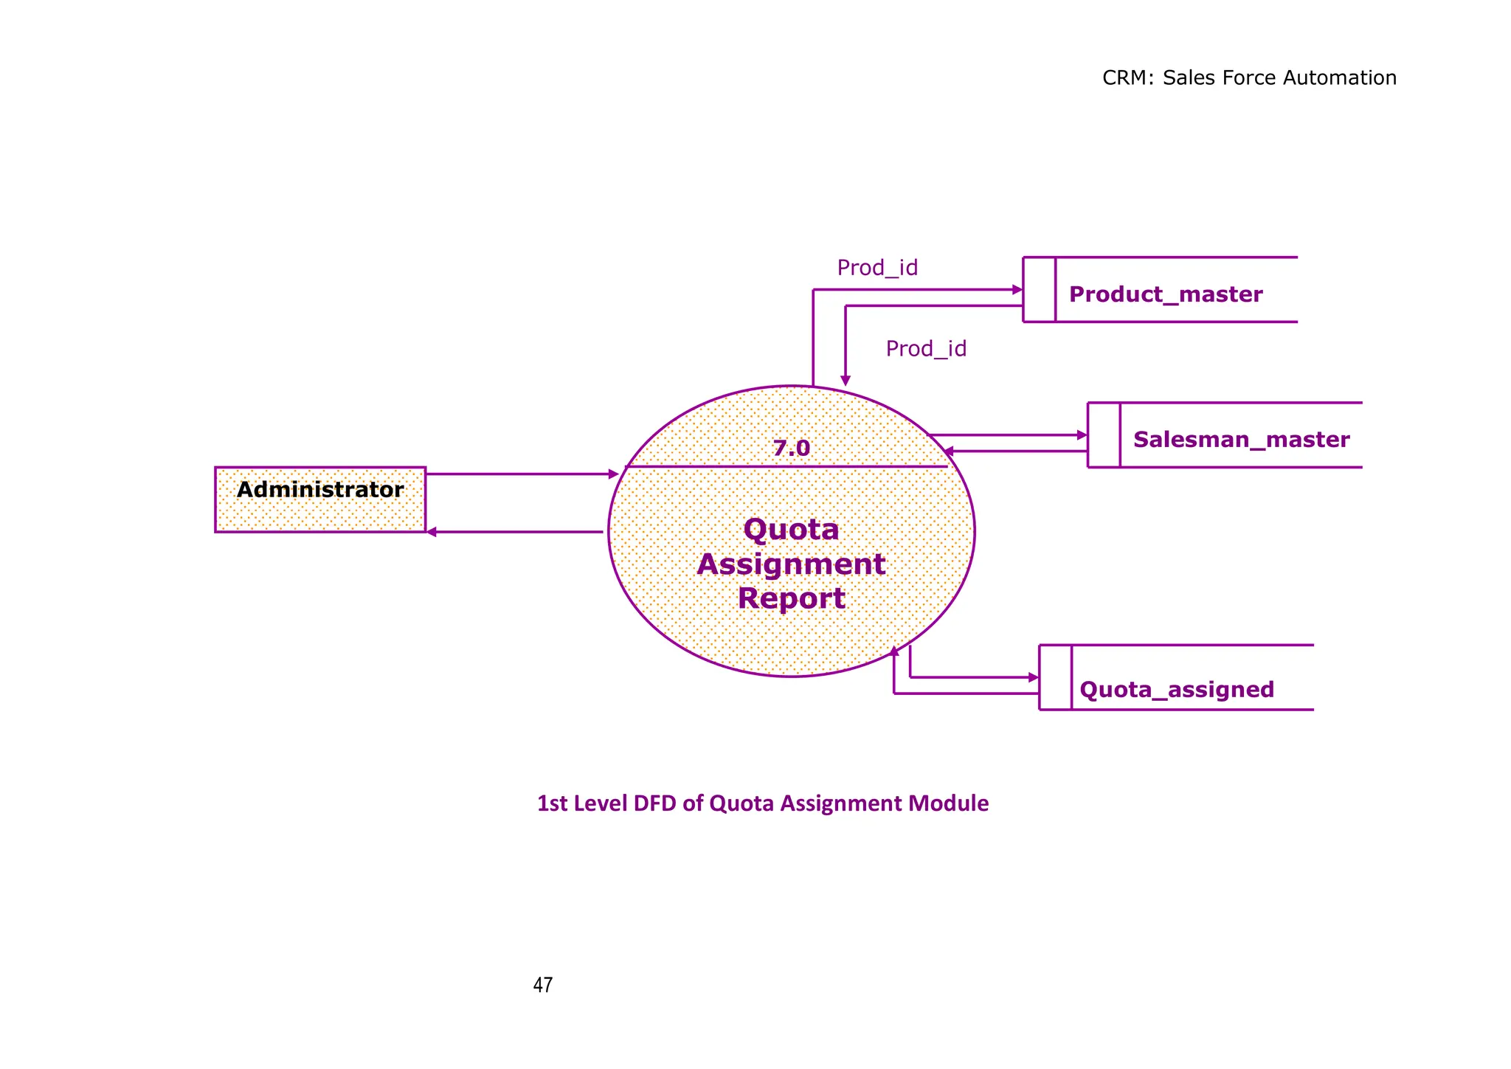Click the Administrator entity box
319,499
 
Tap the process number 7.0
791,448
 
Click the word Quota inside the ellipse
791,529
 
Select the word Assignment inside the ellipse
791,564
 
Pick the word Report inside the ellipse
791,598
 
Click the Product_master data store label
1165,294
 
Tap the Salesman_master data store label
1241,440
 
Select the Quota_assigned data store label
1176,689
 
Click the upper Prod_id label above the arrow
876,268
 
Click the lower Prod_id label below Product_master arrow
925,348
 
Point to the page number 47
542,985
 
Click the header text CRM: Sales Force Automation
1248,77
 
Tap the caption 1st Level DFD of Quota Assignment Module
762,803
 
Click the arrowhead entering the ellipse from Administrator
614,474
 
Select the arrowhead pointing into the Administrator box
432,532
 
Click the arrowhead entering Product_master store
1017,290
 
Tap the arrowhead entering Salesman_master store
1082,435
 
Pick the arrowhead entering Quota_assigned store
1034,677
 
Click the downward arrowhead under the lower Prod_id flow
846,381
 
